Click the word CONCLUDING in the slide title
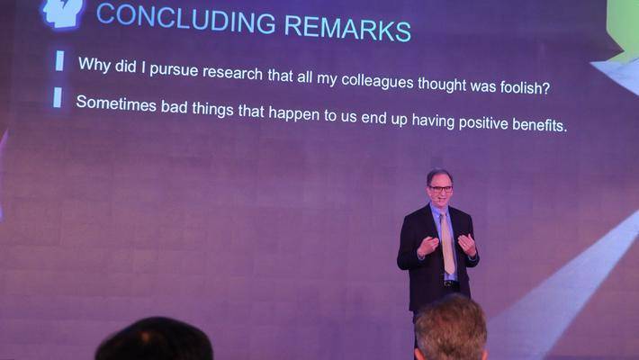[x=185, y=19]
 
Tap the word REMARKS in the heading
[x=347, y=29]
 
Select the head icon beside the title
[x=63, y=13]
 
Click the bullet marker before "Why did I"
[x=60, y=60]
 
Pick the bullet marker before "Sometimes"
[x=58, y=98]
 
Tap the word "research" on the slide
[x=233, y=73]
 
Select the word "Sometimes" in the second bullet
[x=116, y=103]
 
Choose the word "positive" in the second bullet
[x=483, y=122]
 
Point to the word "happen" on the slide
[x=293, y=113]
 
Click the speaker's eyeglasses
[x=440, y=189]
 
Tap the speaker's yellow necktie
[x=448, y=244]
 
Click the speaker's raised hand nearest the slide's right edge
[x=466, y=245]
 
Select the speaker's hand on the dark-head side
[x=427, y=247]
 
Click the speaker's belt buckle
[x=448, y=283]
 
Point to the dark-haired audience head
[x=154, y=339]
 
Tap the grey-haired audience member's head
[x=451, y=329]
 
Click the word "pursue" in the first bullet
[x=174, y=69]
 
